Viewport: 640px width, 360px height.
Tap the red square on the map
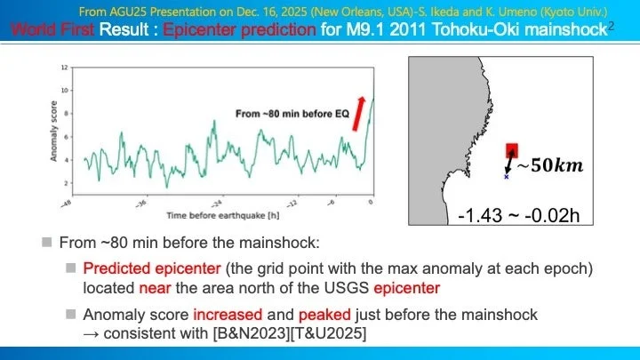pos(512,150)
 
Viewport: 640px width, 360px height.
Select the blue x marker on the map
pos(507,177)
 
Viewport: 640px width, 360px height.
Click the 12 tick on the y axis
pos(65,68)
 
